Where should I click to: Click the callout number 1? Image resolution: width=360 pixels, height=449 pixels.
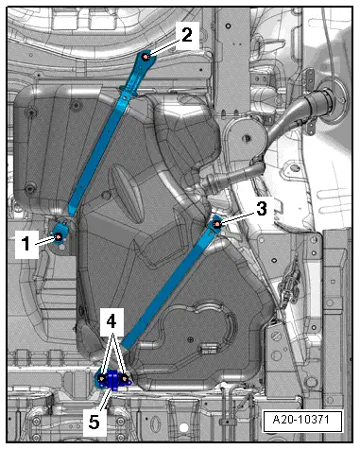26,244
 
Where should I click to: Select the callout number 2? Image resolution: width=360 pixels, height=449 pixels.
187,35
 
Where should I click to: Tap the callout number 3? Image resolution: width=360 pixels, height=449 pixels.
262,208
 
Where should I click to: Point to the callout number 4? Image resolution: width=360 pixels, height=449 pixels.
111,321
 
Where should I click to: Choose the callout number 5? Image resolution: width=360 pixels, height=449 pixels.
94,422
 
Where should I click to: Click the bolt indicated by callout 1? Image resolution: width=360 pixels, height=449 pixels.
59,236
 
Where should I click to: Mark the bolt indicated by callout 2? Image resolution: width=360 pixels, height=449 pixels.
146,57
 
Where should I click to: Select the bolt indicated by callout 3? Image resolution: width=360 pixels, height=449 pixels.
216,224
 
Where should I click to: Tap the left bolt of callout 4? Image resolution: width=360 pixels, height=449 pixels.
102,378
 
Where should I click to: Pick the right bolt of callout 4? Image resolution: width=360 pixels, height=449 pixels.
125,378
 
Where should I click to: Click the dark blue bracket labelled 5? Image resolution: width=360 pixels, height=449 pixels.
112,381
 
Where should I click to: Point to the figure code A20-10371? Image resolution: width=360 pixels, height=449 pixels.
301,420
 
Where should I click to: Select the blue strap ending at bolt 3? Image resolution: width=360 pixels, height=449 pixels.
171,285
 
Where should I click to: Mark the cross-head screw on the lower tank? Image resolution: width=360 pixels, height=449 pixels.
190,339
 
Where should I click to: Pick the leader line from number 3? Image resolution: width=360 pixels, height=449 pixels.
238,218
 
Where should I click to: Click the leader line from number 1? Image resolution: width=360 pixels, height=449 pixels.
44,240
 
